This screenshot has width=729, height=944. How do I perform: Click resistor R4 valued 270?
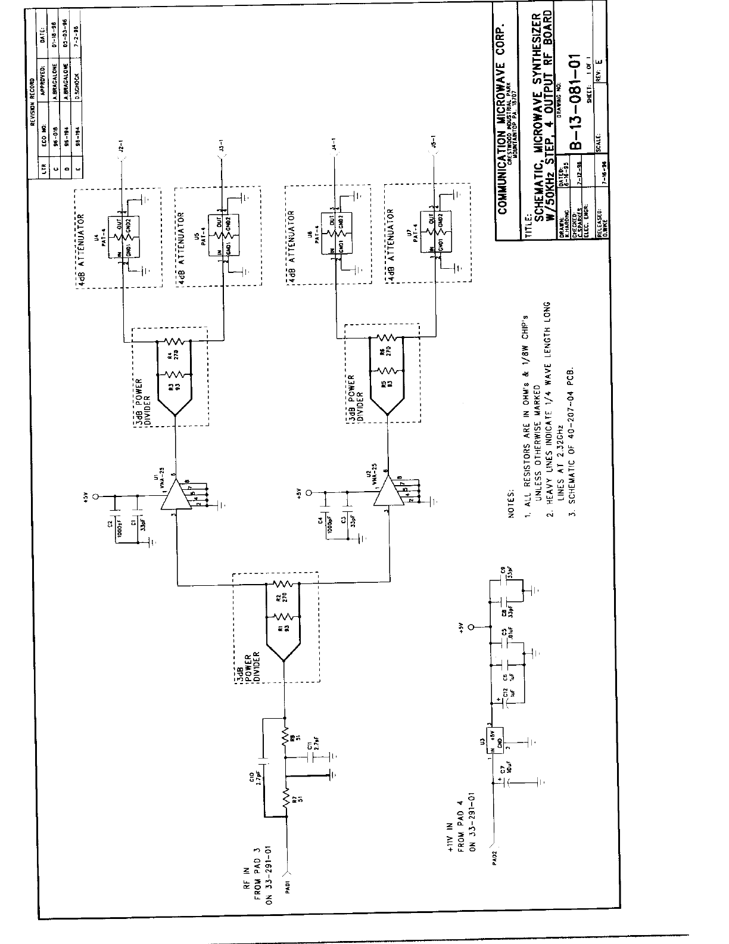pos(176,341)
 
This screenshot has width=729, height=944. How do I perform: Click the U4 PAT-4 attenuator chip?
pos(122,236)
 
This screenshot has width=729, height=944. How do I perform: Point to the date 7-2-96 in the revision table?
pos(76,31)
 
